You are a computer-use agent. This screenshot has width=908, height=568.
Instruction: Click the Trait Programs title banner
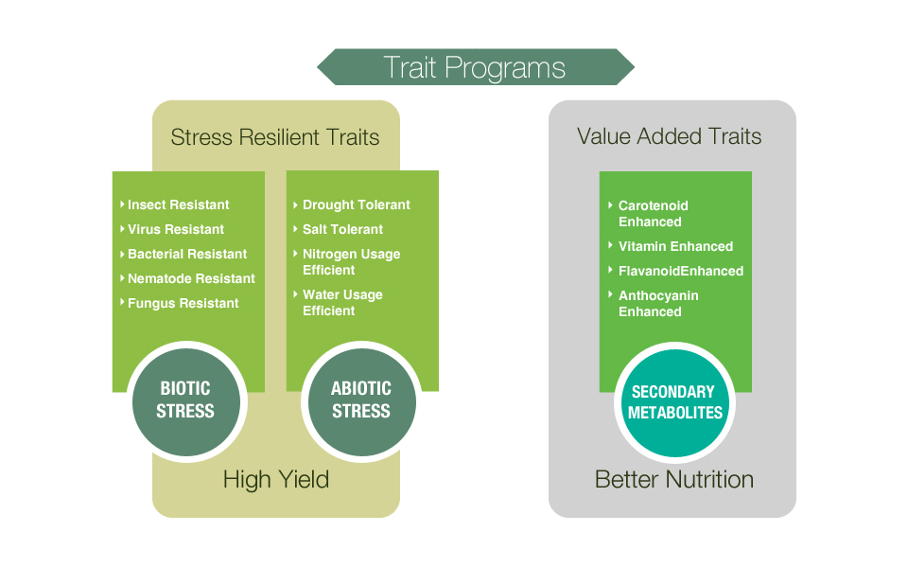476,67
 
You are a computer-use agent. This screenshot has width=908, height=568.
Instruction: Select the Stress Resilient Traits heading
275,137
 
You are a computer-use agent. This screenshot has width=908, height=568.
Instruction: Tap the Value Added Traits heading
669,136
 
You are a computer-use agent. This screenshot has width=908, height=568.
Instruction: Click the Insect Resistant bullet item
175,204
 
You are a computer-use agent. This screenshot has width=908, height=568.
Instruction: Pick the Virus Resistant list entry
172,229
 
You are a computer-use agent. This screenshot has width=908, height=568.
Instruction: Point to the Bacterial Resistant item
183,254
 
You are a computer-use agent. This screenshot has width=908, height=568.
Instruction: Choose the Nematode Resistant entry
187,278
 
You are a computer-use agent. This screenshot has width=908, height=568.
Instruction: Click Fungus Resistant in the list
180,303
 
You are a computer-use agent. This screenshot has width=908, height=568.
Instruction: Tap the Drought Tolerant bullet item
352,204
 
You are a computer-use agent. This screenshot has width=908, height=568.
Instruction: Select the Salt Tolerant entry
339,229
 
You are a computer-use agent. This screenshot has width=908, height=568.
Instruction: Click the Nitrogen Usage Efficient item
347,262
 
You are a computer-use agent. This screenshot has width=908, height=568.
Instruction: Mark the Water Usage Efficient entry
339,303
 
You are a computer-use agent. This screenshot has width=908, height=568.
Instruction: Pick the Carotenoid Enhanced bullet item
649,213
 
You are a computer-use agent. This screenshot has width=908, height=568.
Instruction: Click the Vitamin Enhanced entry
671,246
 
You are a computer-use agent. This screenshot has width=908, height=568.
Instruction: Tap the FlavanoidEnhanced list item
675,271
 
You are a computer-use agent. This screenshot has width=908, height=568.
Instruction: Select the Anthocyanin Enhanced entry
654,303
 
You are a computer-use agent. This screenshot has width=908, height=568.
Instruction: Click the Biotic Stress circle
186,401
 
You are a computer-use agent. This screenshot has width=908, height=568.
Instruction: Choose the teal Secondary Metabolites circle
674,403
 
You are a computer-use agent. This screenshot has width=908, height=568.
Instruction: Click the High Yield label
276,480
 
